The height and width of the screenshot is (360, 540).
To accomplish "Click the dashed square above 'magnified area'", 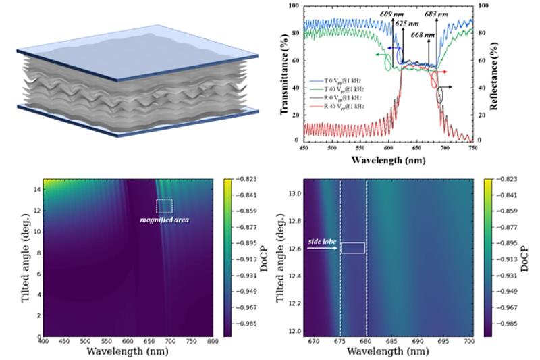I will click(165, 207).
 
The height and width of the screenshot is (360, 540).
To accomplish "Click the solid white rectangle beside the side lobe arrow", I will click(352, 248).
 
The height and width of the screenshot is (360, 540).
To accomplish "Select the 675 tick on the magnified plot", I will click(340, 344).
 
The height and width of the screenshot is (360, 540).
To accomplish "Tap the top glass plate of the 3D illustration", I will click(135, 47).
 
